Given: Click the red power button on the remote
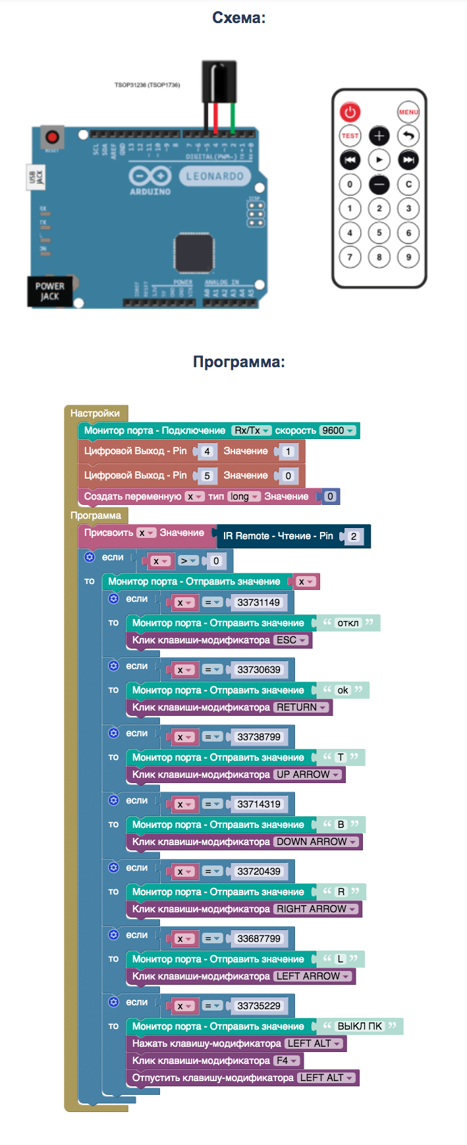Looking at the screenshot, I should coord(350,112).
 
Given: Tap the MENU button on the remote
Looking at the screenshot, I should coord(408,112).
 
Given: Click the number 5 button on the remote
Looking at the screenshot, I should coord(379,233).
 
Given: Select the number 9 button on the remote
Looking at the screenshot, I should coord(408,257).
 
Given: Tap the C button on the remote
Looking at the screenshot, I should coord(408,185).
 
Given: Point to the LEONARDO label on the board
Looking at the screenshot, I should coord(214,177).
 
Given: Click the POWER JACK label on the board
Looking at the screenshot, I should coord(49,291).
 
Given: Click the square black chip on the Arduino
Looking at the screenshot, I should coord(193,252).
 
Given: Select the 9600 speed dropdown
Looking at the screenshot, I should coord(338,430).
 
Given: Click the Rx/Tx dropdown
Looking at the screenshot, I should coord(252,430).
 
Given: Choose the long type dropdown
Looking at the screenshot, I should coord(244,496).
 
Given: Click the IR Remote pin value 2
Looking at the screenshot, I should coord(353,537).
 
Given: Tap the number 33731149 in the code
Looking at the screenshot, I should coord(259,602).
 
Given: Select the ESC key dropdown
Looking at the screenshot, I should coord(291,640).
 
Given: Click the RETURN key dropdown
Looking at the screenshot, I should coord(301,707).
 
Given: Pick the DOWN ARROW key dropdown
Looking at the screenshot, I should coord(316,842).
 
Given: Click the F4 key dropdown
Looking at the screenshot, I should coord(287,1061).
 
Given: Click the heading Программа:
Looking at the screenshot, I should coord(239,362).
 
